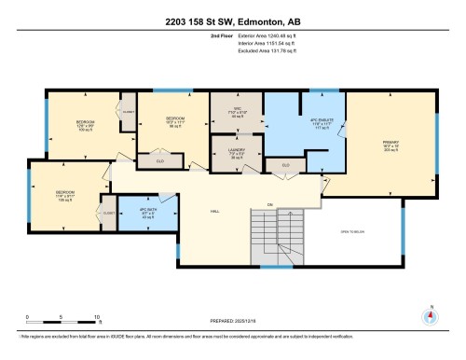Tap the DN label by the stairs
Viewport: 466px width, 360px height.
pos(271,204)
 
